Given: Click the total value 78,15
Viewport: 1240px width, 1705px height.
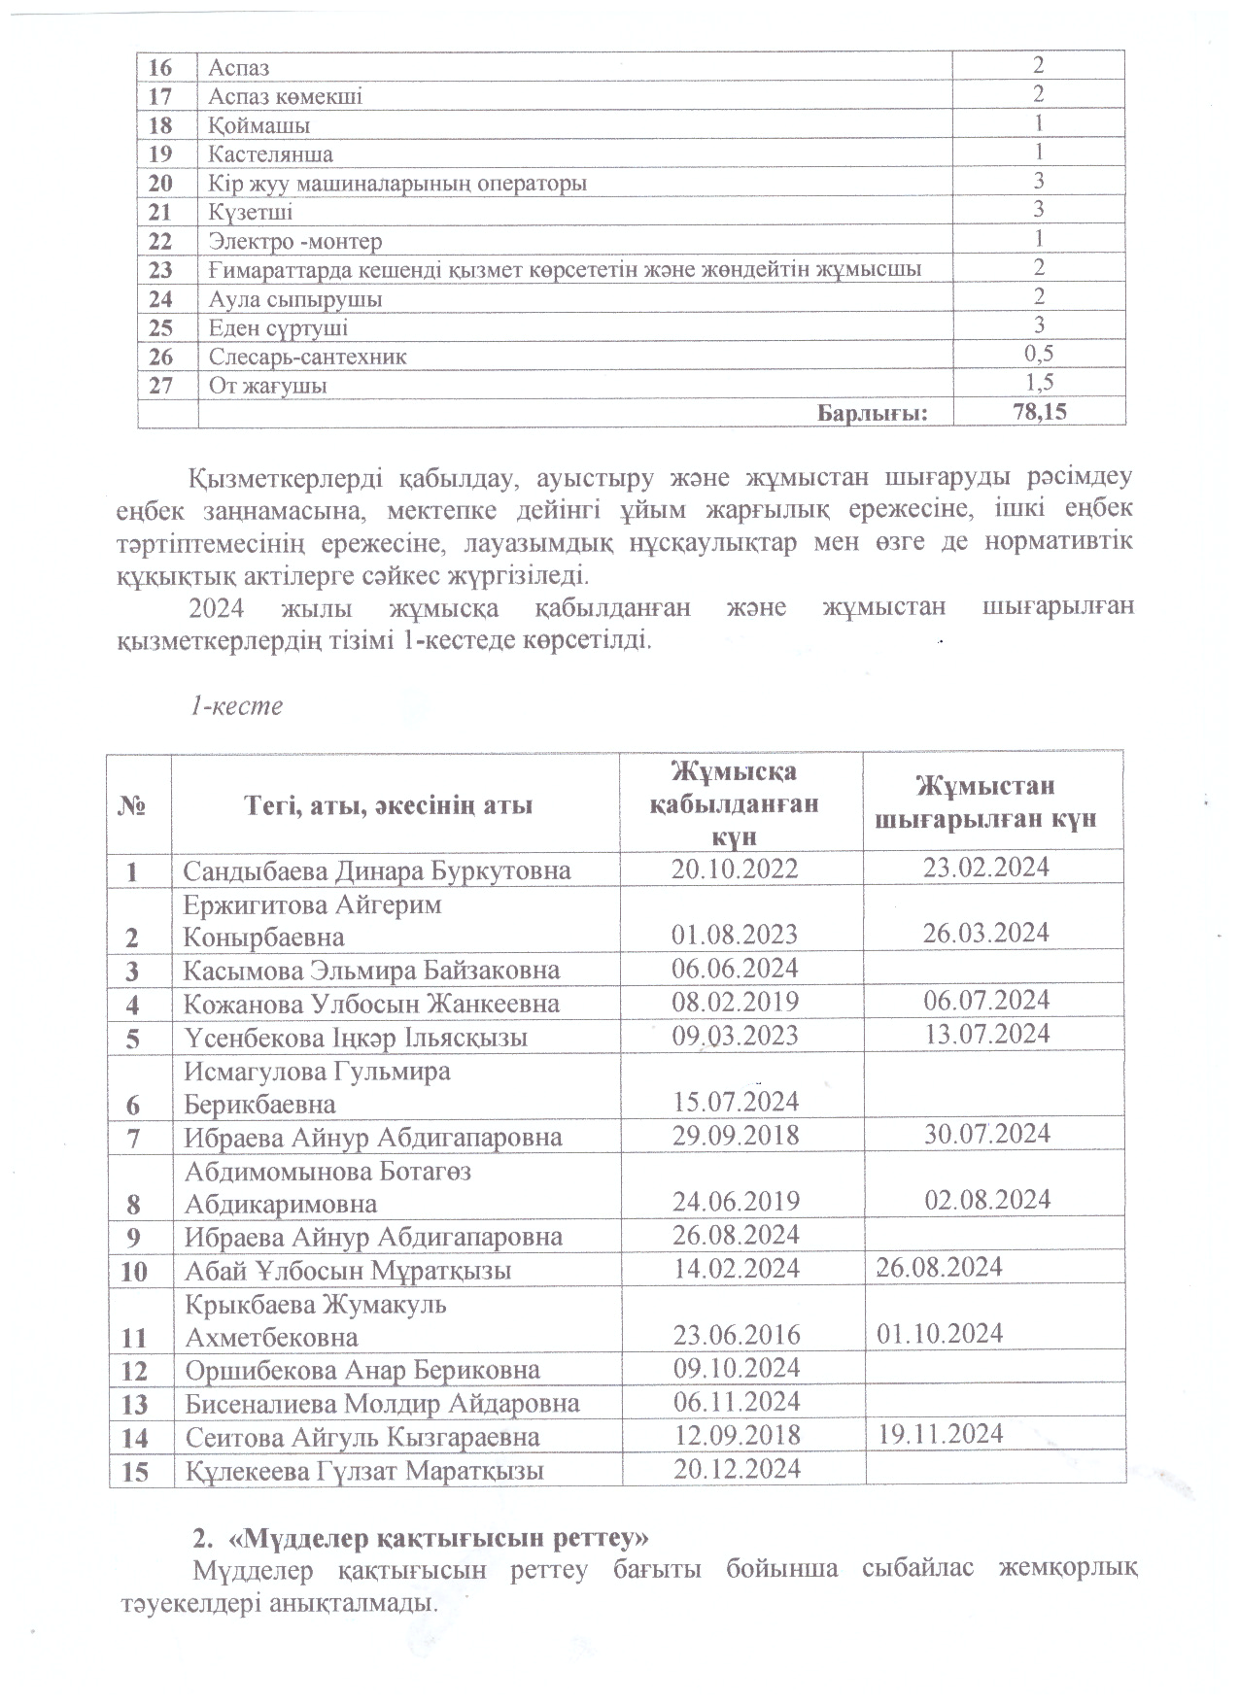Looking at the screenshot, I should coord(1039,412).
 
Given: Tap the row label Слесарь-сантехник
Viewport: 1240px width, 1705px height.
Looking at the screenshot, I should coord(308,357).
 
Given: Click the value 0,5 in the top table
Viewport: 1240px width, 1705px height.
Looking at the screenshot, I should coord(1039,354).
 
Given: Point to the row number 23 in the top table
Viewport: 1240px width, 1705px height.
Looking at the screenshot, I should coord(161,270).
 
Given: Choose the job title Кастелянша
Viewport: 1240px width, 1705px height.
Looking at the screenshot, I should coord(270,154).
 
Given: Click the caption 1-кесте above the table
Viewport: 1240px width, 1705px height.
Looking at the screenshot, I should coord(236,705).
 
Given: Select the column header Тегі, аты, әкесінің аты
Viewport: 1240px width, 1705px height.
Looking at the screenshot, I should coord(389,805).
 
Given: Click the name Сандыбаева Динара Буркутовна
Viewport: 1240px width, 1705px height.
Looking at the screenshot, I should coord(377,870).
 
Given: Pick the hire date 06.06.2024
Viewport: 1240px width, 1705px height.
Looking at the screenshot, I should coord(735,969).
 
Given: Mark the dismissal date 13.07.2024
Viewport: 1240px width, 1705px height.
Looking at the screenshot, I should coord(987,1033).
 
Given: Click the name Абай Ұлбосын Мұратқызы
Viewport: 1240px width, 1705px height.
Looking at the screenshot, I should coord(348,1271).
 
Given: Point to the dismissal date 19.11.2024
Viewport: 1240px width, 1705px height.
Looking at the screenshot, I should coord(940,1433).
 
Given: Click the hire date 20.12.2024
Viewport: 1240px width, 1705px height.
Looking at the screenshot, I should coord(737,1468).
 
